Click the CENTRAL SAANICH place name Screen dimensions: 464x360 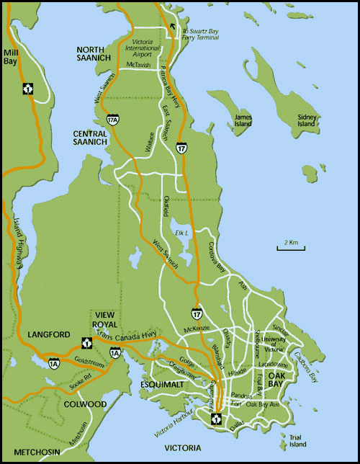click(100, 138)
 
